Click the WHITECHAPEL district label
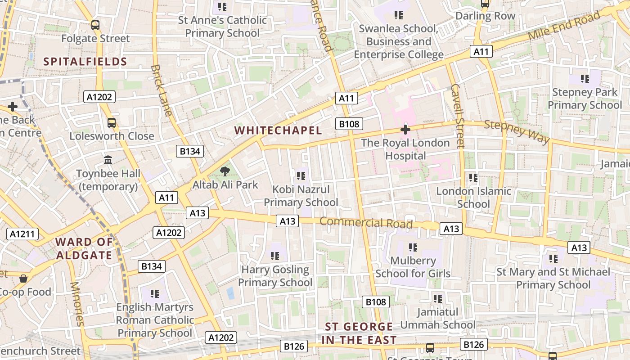tap(278, 130)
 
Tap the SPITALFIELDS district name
tap(85, 62)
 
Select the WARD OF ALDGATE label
tap(84, 248)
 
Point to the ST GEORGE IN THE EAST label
tap(359, 333)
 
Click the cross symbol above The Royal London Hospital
tap(405, 130)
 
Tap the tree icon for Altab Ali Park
tap(225, 171)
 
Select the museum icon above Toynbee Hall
tap(108, 160)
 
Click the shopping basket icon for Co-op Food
tap(23, 279)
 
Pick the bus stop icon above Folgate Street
tap(95, 25)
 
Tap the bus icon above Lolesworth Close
tap(111, 122)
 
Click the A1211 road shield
tap(22, 234)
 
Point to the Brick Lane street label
tap(162, 90)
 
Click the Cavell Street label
tap(457, 116)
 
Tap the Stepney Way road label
tap(517, 131)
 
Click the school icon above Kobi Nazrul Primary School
tap(301, 175)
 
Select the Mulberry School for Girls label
tap(413, 267)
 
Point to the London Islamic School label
tap(473, 198)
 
